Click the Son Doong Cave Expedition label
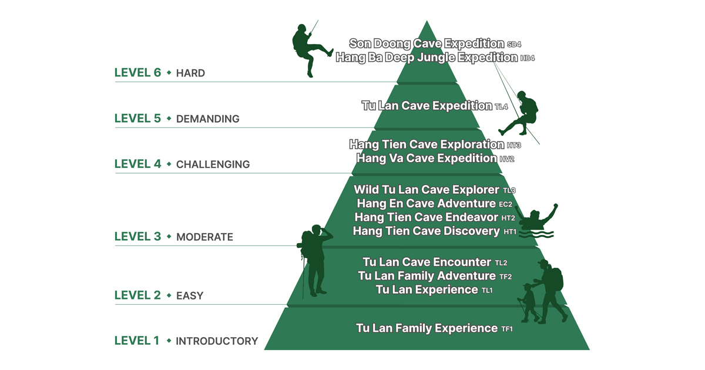click(427, 43)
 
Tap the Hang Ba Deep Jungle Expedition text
click(427, 58)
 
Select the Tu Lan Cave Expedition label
click(427, 106)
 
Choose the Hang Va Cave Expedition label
click(427, 159)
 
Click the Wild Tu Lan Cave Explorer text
click(427, 190)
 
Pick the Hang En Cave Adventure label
click(427, 204)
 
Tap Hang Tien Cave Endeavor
click(427, 217)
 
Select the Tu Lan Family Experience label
click(427, 328)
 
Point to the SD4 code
click(514, 45)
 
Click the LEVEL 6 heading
click(137, 73)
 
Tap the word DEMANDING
click(208, 119)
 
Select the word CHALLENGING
click(213, 164)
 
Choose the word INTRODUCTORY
click(217, 341)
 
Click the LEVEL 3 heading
click(137, 237)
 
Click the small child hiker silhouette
click(529, 302)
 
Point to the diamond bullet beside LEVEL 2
click(169, 295)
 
